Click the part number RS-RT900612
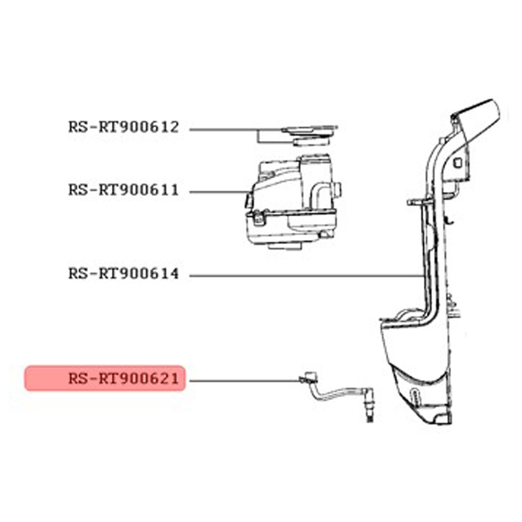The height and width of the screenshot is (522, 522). click(x=124, y=127)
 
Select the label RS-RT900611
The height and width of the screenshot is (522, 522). click(x=124, y=190)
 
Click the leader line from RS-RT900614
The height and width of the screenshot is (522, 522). click(x=306, y=276)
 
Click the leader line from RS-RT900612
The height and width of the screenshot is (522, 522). click(x=236, y=130)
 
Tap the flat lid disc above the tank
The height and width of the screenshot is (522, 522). click(x=310, y=130)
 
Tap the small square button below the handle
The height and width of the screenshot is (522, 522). click(x=458, y=163)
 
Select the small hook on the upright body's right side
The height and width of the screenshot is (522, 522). click(x=449, y=221)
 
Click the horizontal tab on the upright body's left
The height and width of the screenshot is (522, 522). click(x=418, y=202)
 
